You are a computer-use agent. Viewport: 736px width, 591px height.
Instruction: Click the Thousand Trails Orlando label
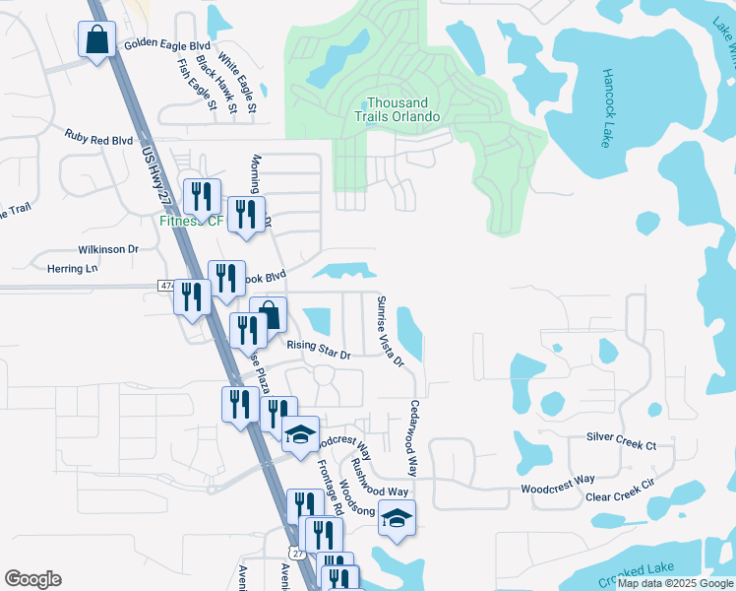[397, 109]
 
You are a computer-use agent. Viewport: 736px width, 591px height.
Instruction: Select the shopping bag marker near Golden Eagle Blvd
[96, 41]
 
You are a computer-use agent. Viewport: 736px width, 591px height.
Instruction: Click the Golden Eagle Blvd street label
[168, 46]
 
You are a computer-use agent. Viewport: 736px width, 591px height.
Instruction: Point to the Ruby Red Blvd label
[98, 140]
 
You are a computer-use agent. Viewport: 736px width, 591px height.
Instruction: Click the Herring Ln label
[73, 268]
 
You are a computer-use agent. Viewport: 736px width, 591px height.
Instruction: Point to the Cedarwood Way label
[414, 438]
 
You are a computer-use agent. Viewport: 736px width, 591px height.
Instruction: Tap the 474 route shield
[165, 286]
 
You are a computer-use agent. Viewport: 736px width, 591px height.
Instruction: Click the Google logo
[32, 579]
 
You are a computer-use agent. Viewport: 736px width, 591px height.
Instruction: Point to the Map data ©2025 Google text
[676, 583]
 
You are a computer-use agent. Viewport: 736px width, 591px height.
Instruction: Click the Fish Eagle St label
[192, 85]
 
